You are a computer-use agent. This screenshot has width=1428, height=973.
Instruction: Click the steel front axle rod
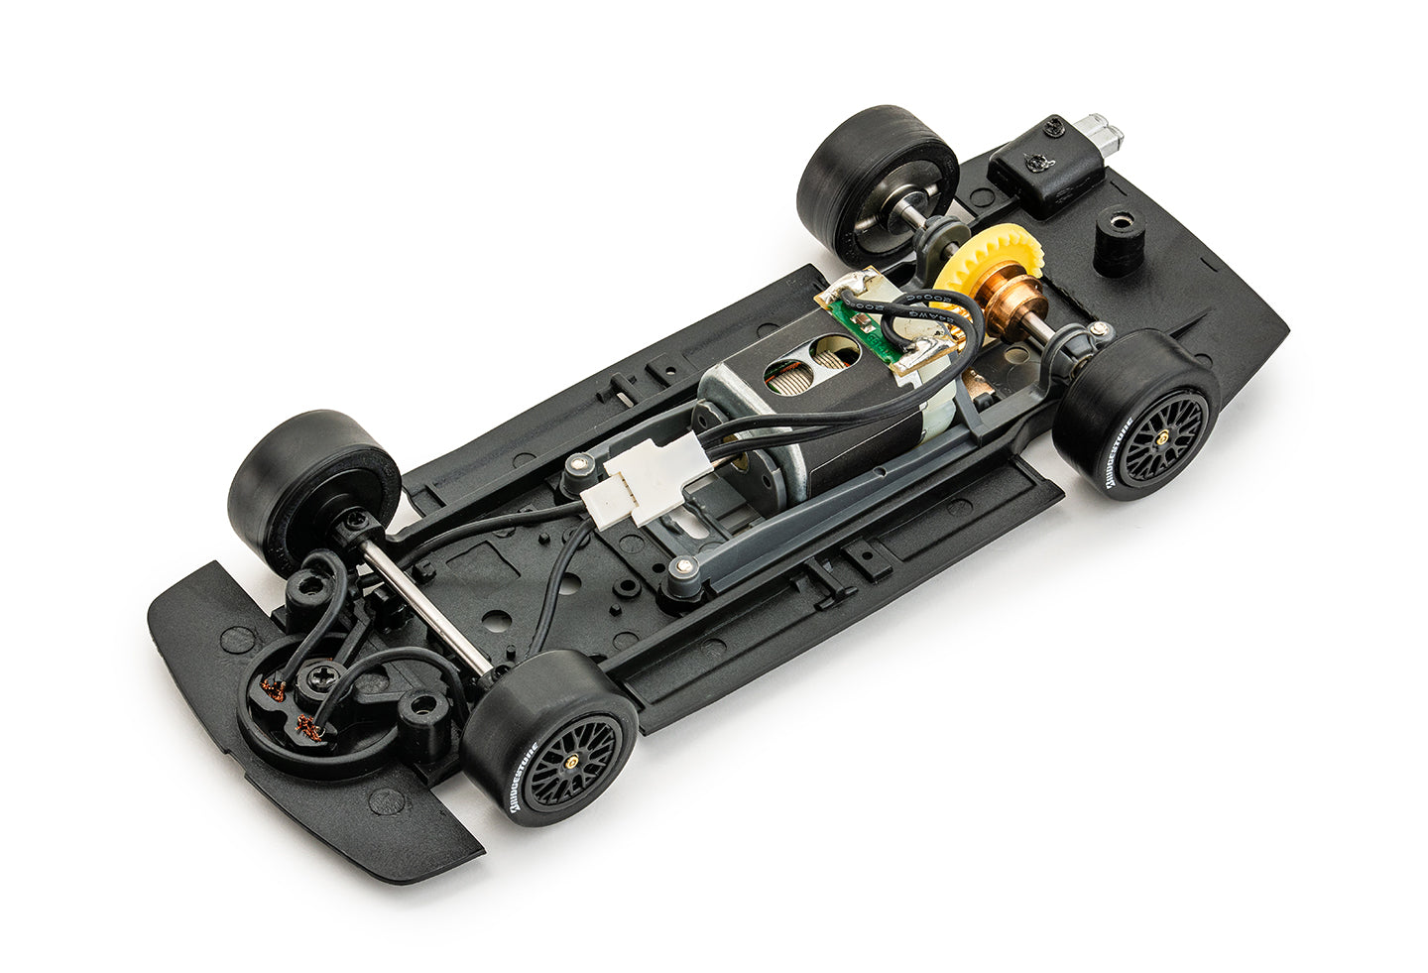click(426, 608)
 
